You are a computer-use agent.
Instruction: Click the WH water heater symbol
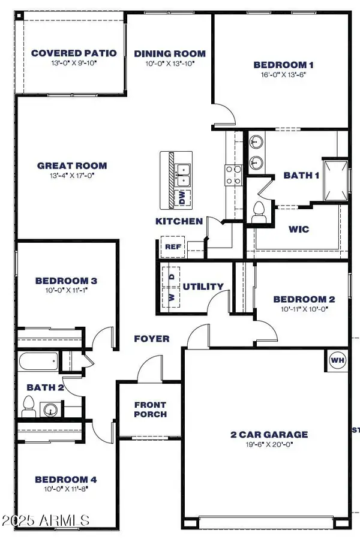pos(337,360)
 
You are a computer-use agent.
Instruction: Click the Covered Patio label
pos(74,53)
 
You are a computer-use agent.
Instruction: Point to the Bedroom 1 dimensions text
pos(283,76)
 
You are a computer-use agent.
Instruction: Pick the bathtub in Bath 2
pos(38,362)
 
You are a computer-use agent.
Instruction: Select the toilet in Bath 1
pos(260,211)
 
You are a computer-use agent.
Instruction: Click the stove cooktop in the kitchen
pos(233,174)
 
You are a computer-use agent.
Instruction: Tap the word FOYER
pos(151,339)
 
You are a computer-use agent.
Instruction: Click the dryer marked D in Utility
pos(171,276)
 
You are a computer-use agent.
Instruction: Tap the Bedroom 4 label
pos(65,480)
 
